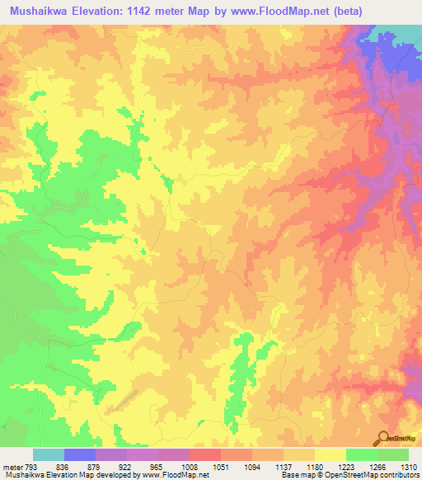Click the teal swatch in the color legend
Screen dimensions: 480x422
coord(49,454)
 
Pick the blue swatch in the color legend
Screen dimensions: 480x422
coord(80,454)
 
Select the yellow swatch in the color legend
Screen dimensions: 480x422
coord(331,454)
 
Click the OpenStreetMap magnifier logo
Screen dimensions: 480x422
coord(384,438)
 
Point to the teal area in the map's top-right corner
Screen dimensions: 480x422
coord(404,35)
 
